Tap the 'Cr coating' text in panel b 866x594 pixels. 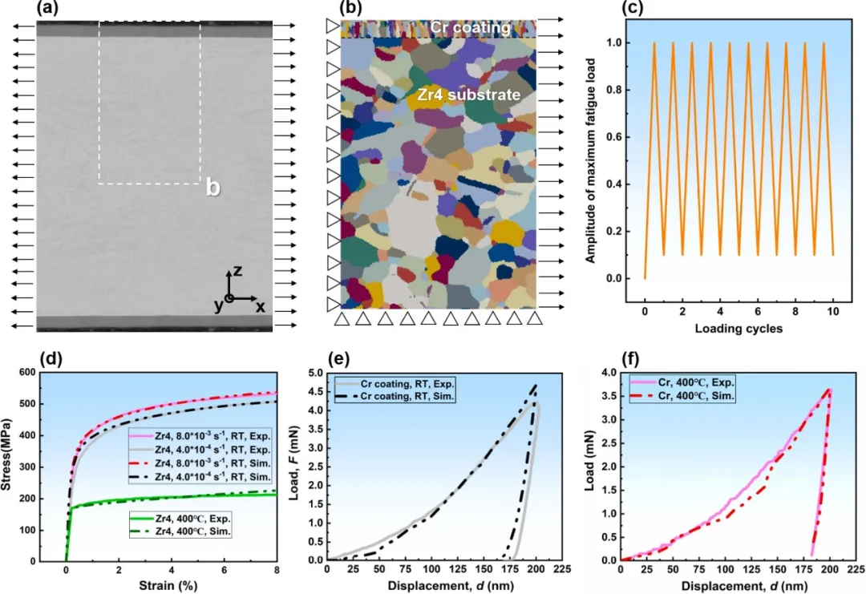(x=470, y=27)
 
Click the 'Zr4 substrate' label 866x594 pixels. (x=469, y=95)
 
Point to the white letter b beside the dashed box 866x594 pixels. (x=212, y=188)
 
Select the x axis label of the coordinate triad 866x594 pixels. (x=261, y=306)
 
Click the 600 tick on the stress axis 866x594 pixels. (x=49, y=373)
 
